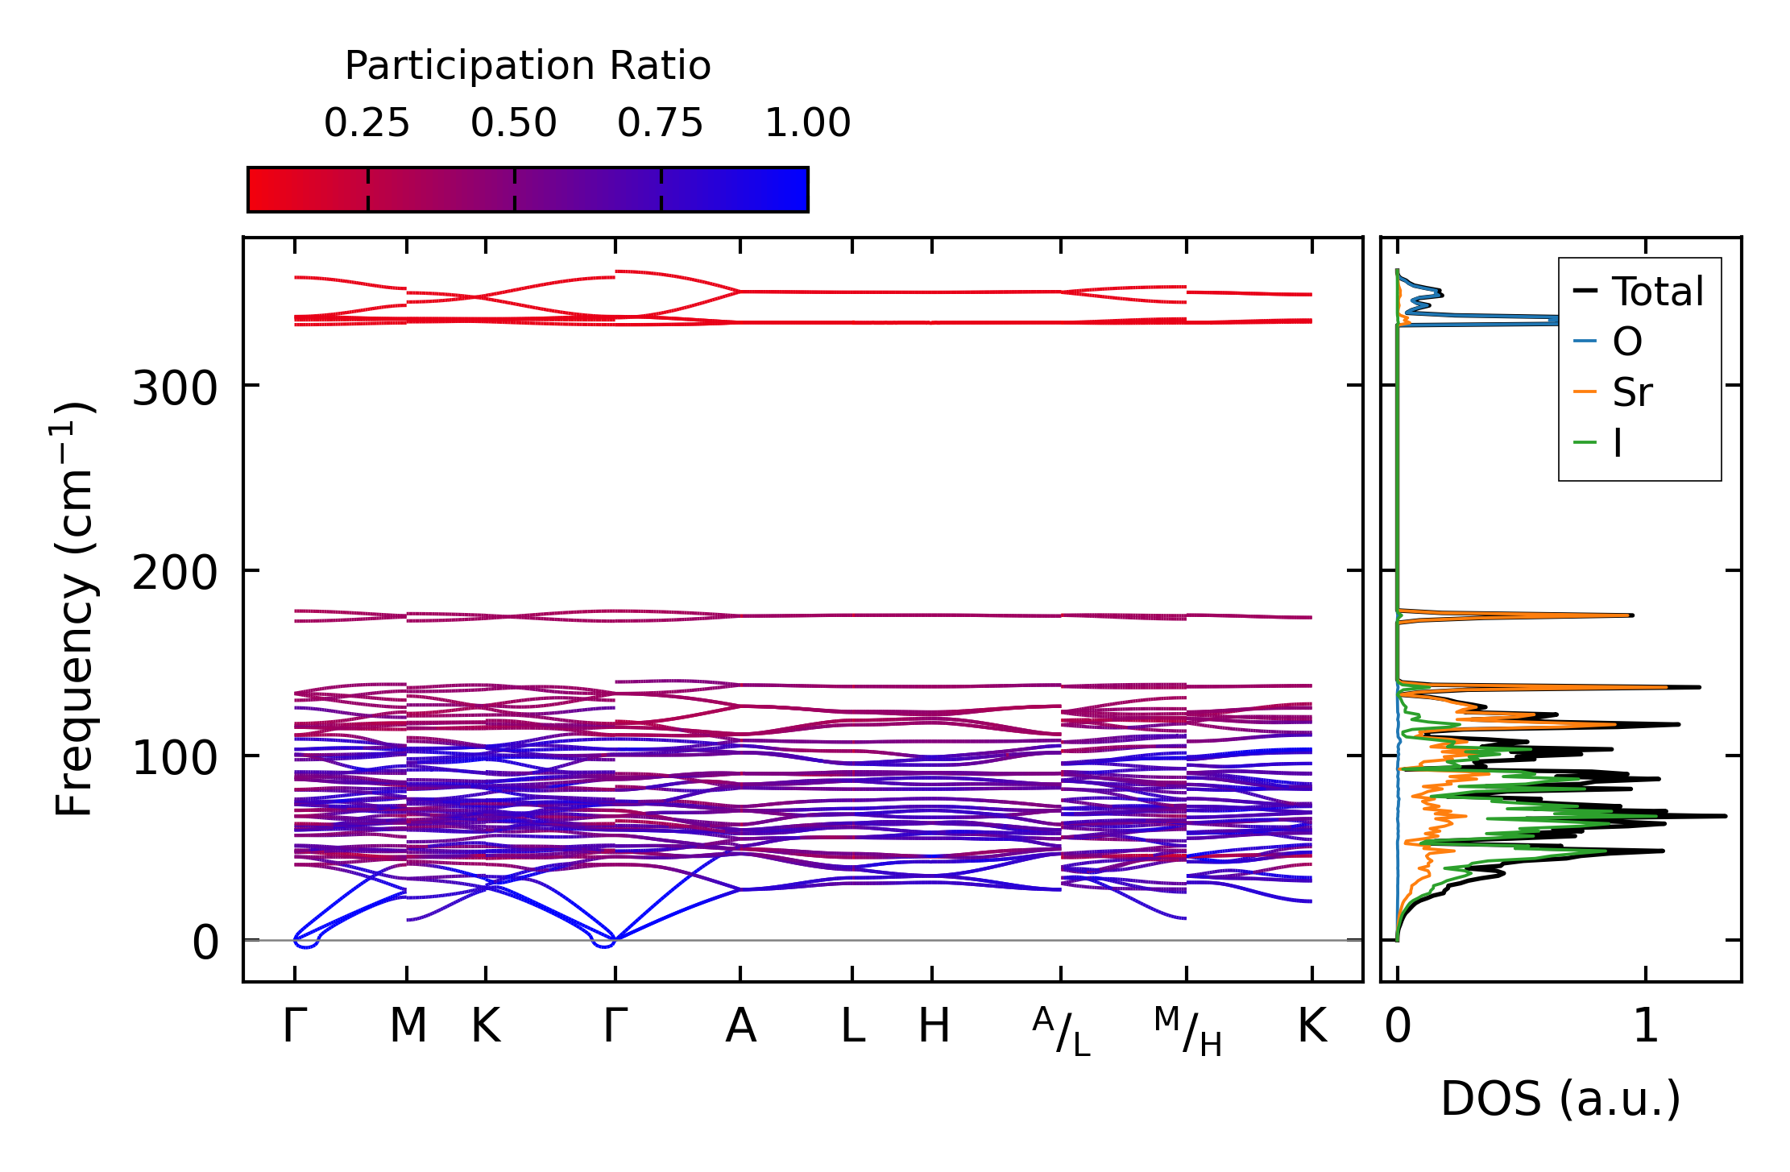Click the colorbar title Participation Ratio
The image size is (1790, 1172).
pos(528,66)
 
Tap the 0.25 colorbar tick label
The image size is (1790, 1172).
pos(367,124)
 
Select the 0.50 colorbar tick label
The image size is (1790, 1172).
pos(514,124)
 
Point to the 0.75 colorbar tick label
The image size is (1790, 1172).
pos(661,124)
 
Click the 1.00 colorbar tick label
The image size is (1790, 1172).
pos(807,124)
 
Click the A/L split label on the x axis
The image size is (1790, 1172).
pos(1061,1032)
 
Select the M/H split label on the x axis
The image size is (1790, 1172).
pos(1187,1032)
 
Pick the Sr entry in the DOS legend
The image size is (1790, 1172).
pos(1631,393)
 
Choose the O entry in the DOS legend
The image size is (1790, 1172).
pos(1626,342)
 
